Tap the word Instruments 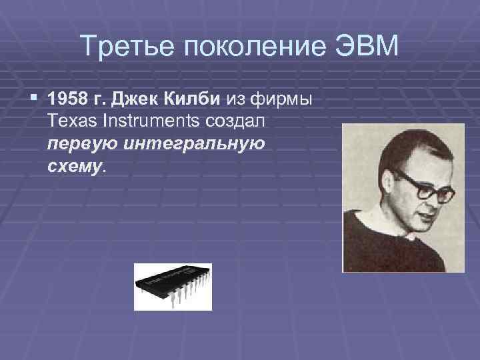pos(145,122)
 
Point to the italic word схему pos(75,165)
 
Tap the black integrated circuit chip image pos(172,286)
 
